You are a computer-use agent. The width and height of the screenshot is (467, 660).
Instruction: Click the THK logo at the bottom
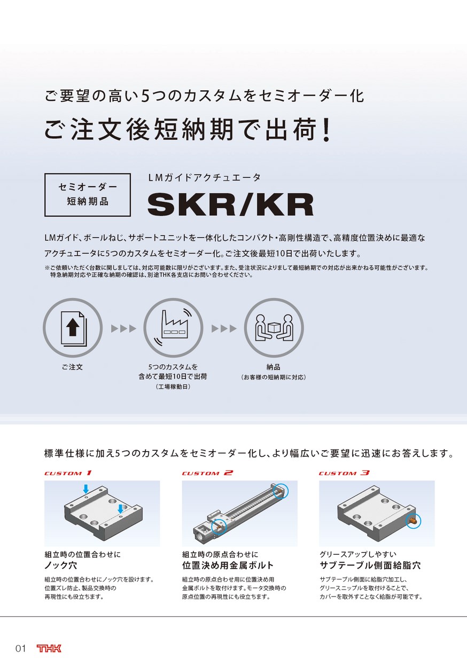pyautogui.click(x=49, y=648)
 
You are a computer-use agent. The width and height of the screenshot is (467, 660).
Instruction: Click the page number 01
pyautogui.click(x=21, y=648)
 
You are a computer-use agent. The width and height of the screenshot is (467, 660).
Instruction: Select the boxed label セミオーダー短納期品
pyautogui.click(x=87, y=195)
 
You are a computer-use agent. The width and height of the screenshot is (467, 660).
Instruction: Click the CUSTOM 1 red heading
pyautogui.click(x=68, y=473)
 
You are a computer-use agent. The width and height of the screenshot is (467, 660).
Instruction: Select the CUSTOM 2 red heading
pyautogui.click(x=207, y=473)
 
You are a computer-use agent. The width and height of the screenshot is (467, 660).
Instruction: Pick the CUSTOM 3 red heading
pyautogui.click(x=344, y=473)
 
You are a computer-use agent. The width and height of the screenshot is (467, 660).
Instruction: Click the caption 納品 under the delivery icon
pyautogui.click(x=273, y=367)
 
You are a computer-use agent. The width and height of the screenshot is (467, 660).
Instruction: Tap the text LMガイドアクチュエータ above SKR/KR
pyautogui.click(x=204, y=178)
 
